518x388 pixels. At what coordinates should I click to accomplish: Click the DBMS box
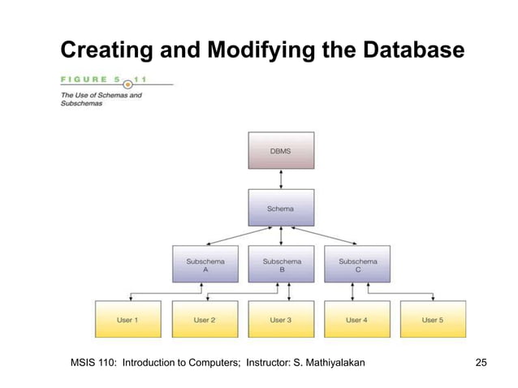pos(280,150)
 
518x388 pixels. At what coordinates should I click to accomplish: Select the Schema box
pos(280,208)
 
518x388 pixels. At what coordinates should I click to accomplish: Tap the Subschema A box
pos(205,265)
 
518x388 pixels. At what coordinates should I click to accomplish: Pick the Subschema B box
pos(281,265)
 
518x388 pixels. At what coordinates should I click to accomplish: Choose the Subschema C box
pos(356,265)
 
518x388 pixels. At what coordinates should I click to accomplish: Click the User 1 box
pos(128,319)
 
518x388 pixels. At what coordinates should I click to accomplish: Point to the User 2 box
pos(205,319)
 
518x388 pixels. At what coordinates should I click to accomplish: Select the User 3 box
pos(280,319)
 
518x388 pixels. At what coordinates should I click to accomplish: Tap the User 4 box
pos(356,319)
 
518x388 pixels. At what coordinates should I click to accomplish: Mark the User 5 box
pos(432,319)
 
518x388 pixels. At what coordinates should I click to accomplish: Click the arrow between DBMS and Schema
pos(280,179)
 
